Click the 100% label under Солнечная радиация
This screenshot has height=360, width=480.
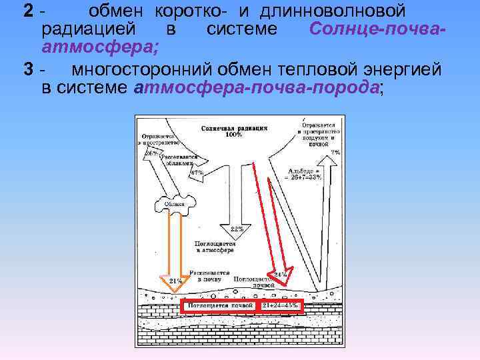point(233,135)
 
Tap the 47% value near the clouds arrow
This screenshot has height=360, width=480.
point(197,173)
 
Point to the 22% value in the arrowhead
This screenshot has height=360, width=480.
point(237,229)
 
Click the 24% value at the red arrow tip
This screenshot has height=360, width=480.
point(281,274)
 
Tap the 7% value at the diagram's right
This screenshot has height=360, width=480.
point(335,153)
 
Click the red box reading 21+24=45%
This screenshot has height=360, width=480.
point(280,305)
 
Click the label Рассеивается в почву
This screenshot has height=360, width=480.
point(209,277)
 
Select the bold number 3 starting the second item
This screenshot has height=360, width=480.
point(28,69)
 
